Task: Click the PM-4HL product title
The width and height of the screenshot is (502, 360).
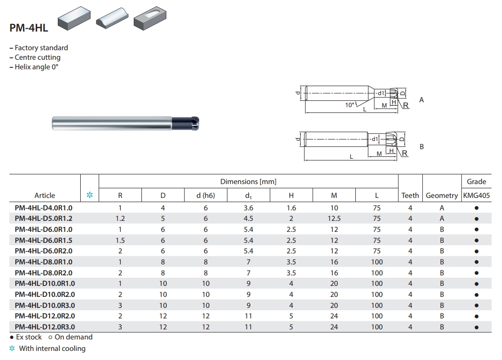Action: pyautogui.click(x=29, y=28)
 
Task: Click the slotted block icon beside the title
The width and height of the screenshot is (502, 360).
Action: pyautogui.click(x=150, y=18)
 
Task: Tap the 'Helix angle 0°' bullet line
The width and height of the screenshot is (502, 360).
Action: pyautogui.click(x=34, y=67)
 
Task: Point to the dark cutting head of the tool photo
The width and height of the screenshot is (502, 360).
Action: pyautogui.click(x=185, y=123)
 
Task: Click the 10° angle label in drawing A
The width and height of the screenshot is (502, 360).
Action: pyautogui.click(x=350, y=105)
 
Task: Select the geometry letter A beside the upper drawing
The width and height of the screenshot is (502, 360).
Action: pyautogui.click(x=421, y=100)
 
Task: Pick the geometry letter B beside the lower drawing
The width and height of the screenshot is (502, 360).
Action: pyautogui.click(x=422, y=147)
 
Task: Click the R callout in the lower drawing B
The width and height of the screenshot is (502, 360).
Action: pyautogui.click(x=405, y=153)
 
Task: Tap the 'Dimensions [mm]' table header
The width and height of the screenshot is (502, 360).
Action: pyautogui.click(x=248, y=182)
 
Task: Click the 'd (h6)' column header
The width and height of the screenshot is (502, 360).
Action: pyautogui.click(x=205, y=196)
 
